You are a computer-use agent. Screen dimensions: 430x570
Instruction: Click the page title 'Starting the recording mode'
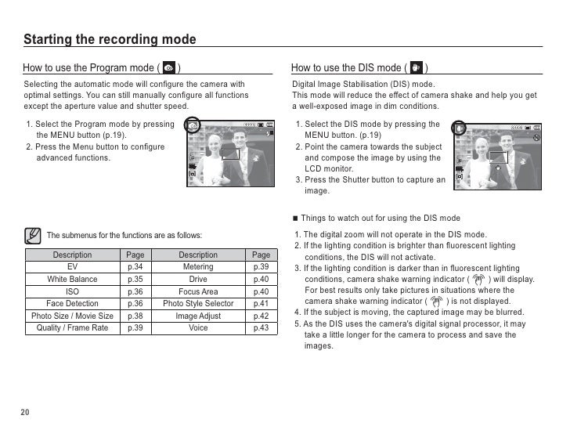(x=110, y=40)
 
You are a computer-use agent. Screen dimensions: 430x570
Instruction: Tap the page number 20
(x=26, y=413)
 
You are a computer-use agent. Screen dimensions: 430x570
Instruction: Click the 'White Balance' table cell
(x=73, y=279)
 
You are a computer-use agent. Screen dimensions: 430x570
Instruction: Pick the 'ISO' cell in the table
(x=73, y=291)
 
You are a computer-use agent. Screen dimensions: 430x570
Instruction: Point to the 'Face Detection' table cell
(x=73, y=303)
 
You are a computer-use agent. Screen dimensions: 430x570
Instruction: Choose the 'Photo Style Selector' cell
(x=198, y=303)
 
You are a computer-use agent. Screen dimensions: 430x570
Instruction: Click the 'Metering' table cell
(x=198, y=267)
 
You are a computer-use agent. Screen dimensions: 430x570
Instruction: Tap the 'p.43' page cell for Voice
(x=261, y=327)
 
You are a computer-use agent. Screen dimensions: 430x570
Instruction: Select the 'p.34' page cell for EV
(x=135, y=267)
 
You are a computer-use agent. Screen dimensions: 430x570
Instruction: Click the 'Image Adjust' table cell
(x=198, y=316)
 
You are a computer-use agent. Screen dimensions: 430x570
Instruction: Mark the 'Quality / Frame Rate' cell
(x=73, y=327)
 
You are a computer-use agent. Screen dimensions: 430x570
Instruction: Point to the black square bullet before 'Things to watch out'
(x=294, y=218)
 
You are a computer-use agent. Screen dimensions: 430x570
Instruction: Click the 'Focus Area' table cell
(x=198, y=291)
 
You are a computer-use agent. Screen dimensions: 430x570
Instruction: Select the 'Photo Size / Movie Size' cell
(x=73, y=316)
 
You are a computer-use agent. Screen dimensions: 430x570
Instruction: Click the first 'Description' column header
(x=73, y=255)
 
